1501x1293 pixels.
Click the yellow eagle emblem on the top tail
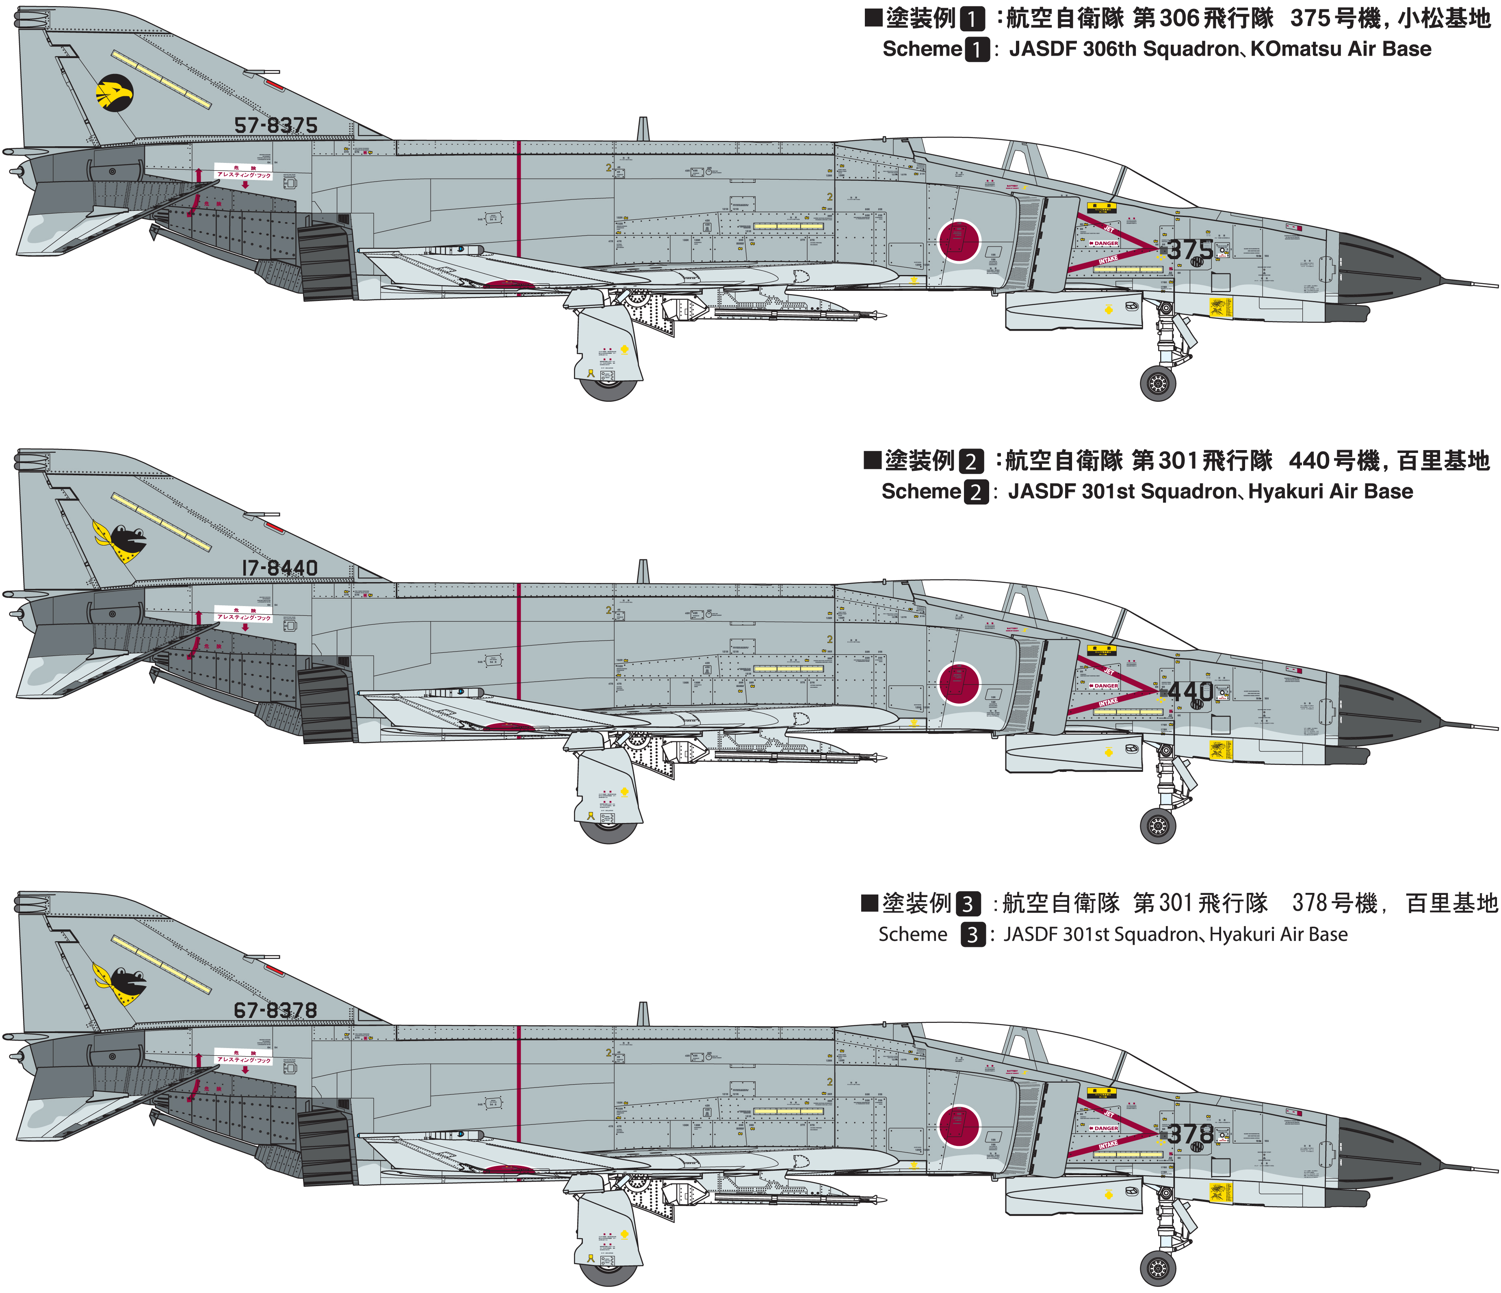pos(115,93)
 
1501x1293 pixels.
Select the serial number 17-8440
pos(279,568)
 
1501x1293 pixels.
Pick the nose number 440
pos(1190,692)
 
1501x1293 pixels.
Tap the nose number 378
pos(1190,1134)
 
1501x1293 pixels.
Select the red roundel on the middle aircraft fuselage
pos(959,684)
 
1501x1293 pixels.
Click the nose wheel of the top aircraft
pos(1158,383)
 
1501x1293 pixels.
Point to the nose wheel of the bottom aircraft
pos(1158,1268)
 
